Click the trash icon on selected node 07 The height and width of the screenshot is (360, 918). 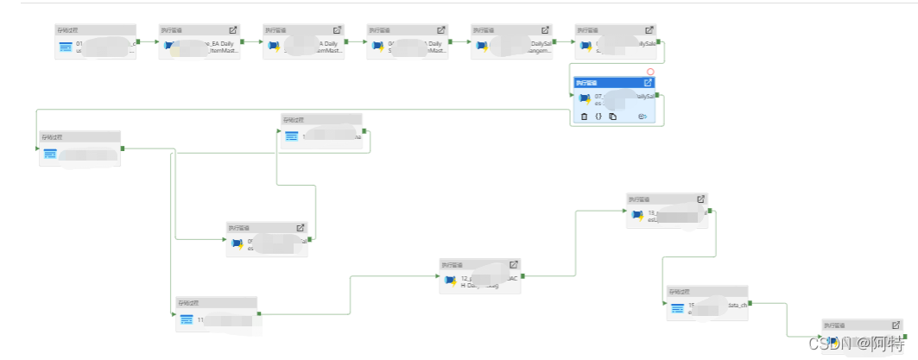pyautogui.click(x=585, y=117)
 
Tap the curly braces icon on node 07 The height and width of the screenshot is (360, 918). pyautogui.click(x=598, y=117)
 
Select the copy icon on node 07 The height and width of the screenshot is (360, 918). pyautogui.click(x=612, y=117)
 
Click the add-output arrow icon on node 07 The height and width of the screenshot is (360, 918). pyautogui.click(x=643, y=117)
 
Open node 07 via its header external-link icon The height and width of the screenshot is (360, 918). pyautogui.click(x=648, y=83)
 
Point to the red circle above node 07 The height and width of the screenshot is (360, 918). pyautogui.click(x=650, y=73)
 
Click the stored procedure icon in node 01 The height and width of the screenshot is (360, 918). pyautogui.click(x=66, y=46)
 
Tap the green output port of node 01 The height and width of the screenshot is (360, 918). pyautogui.click(x=138, y=41)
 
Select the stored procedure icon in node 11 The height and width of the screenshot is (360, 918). pyautogui.click(x=187, y=320)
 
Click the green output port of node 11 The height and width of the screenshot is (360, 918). pyautogui.click(x=259, y=314)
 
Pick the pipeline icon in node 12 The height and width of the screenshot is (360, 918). pyautogui.click(x=450, y=280)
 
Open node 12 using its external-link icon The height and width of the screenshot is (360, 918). pyautogui.click(x=513, y=264)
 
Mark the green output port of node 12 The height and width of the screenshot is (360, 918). pyautogui.click(x=522, y=276)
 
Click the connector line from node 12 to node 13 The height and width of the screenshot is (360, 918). pyautogui.click(x=574, y=242)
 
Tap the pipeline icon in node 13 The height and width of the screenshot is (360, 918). pyautogui.click(x=637, y=215)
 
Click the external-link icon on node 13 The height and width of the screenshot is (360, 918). pyautogui.click(x=700, y=199)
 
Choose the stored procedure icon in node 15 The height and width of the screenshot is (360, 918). pyautogui.click(x=678, y=308)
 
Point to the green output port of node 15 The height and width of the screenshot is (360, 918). pyautogui.click(x=751, y=303)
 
